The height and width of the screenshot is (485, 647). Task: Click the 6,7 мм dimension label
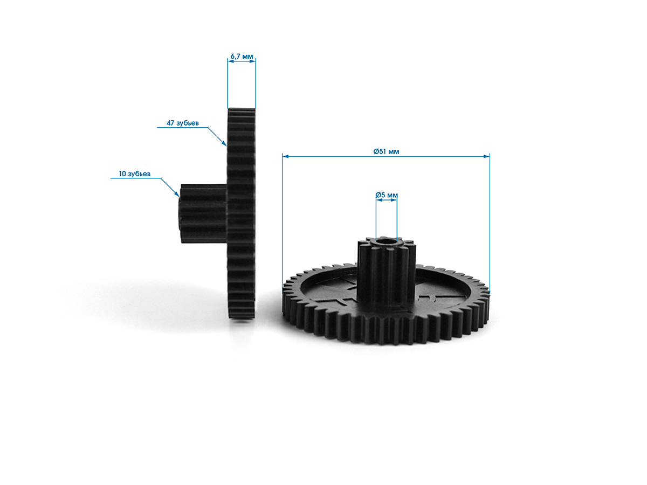point(242,56)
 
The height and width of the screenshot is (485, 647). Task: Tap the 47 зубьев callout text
point(183,123)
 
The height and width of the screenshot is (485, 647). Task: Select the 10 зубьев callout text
point(135,174)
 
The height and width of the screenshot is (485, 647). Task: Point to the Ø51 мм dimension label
point(386,151)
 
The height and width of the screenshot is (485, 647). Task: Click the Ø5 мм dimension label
point(387,195)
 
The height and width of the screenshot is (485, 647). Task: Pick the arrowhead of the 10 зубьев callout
point(177,194)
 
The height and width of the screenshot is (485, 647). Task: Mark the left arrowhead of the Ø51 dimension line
point(285,156)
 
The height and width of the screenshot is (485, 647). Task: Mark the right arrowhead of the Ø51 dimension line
point(486,156)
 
